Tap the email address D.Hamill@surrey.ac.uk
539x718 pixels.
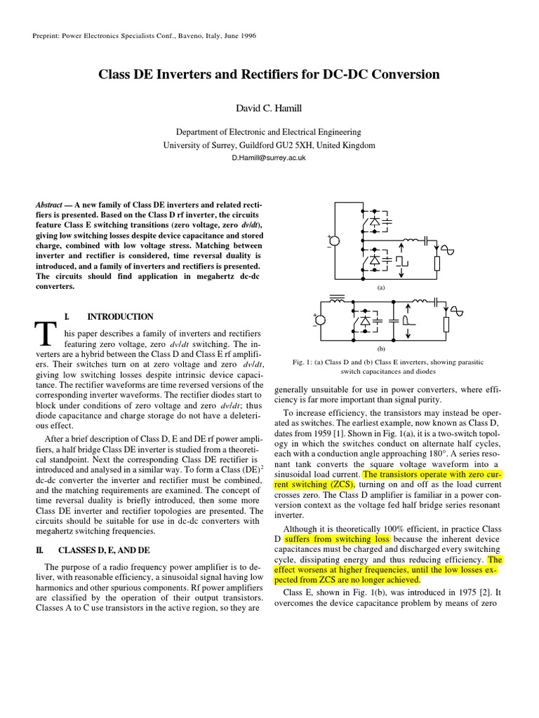[269, 158]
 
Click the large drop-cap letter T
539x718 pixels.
[46, 334]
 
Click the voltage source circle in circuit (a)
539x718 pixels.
[335, 241]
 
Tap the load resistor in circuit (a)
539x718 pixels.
[437, 264]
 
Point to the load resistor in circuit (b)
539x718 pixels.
[446, 325]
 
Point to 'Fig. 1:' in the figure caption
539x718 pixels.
[303, 363]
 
